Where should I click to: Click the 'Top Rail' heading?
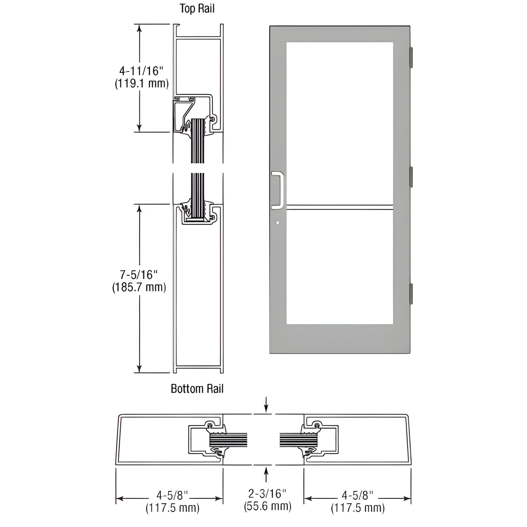coord(197,8)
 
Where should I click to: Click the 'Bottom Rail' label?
coord(197,389)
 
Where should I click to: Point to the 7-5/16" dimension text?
coord(139,274)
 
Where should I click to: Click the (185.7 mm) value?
coord(139,287)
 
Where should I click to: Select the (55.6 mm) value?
coord(267,506)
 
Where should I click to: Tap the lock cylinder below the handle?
coord(278,222)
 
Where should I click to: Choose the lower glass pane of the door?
coord(340,267)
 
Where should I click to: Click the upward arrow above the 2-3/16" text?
coord(267,474)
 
